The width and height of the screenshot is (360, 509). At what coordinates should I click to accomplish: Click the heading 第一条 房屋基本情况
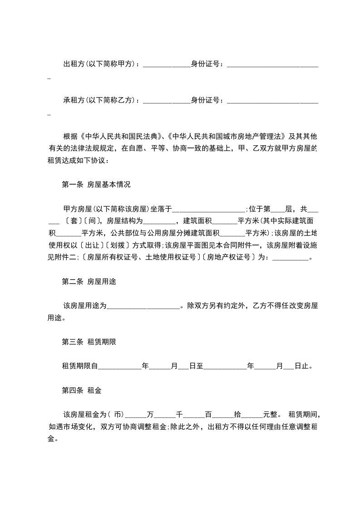tap(96, 185)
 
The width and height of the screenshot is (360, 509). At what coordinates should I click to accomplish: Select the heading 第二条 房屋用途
tap(89, 281)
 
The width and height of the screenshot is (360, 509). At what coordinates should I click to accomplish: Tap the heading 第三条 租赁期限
tap(89, 342)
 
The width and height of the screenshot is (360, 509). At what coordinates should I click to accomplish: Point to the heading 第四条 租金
tap(82, 390)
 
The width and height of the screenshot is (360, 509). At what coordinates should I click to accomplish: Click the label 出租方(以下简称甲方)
tap(100, 64)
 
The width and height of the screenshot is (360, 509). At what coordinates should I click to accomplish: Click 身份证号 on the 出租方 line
tap(207, 64)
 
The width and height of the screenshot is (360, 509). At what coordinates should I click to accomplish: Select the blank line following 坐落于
tap(209, 210)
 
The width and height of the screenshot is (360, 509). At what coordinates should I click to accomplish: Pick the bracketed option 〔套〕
tap(70, 222)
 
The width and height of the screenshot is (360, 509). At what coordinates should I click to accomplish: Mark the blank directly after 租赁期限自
tap(120, 367)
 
